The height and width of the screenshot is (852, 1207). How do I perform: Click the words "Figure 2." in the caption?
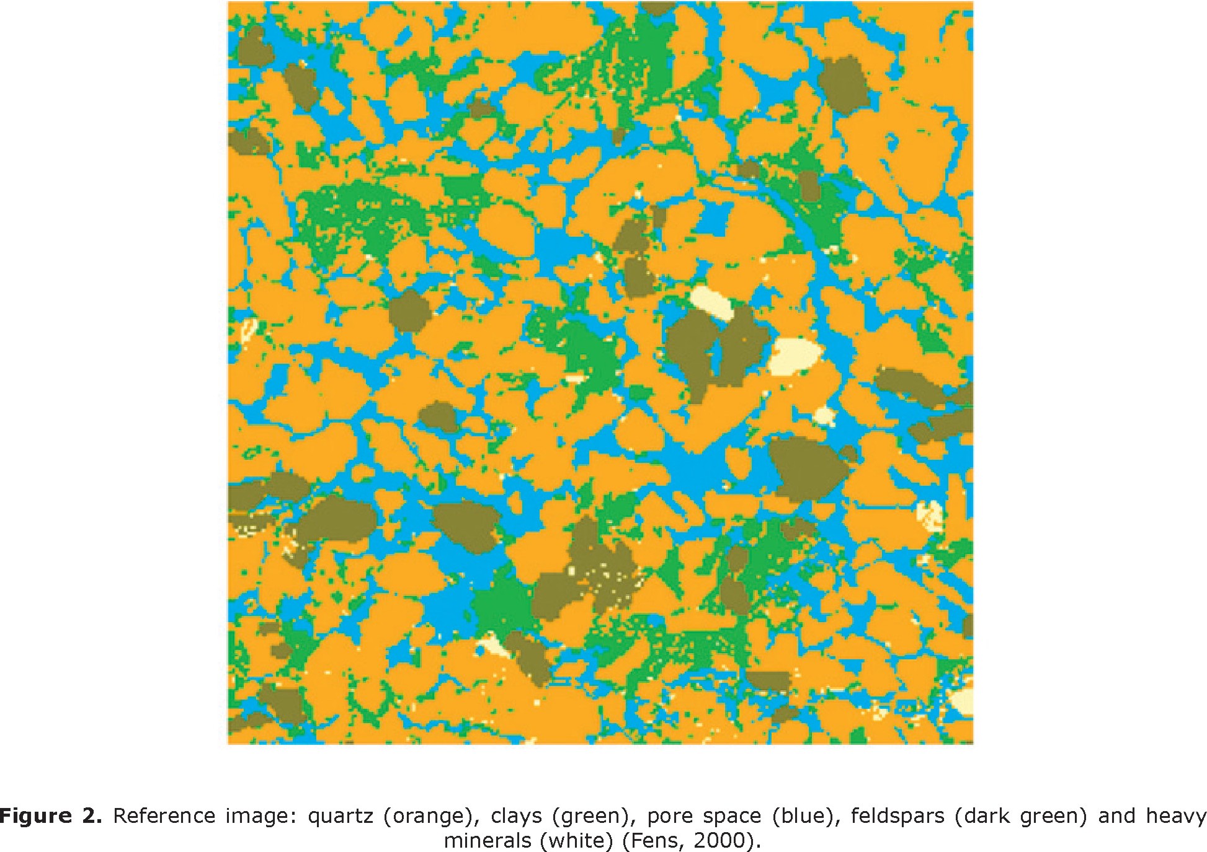(x=51, y=816)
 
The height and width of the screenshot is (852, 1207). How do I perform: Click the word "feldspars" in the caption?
(x=897, y=816)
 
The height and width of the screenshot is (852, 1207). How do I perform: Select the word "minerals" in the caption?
(x=487, y=841)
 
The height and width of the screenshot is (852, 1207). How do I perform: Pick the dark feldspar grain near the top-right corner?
(x=844, y=84)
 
